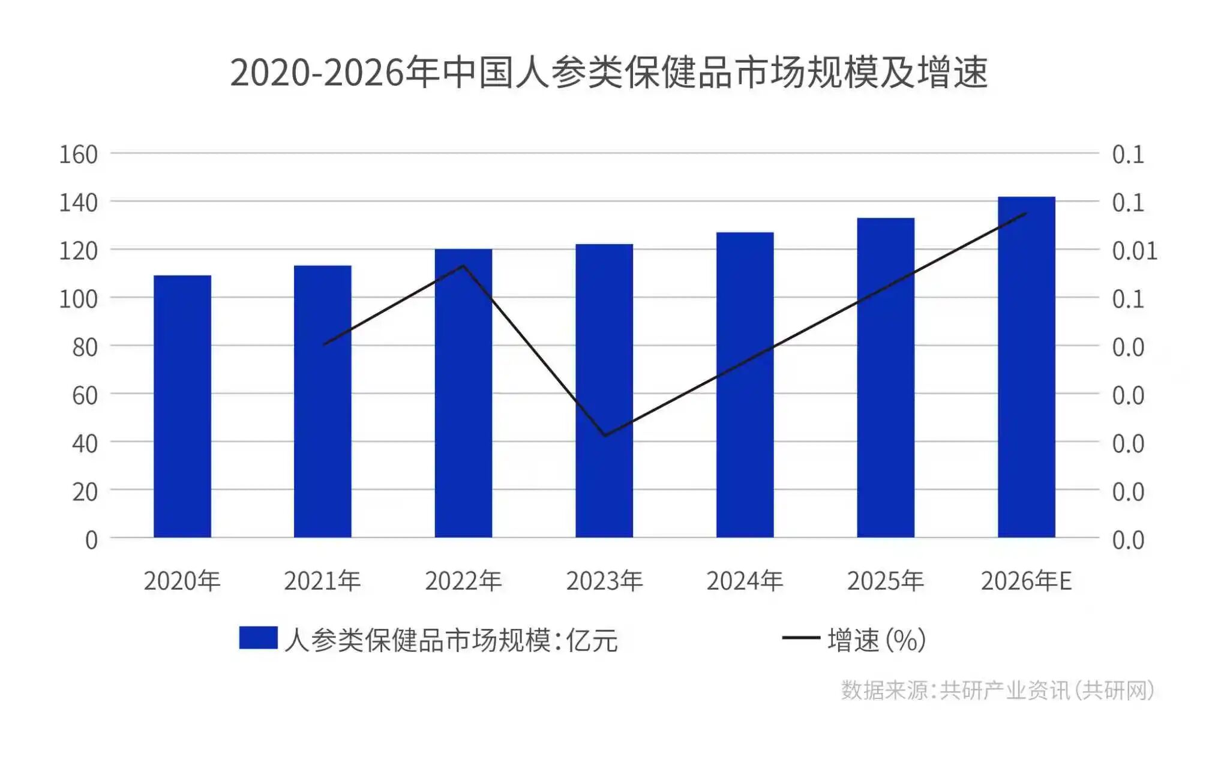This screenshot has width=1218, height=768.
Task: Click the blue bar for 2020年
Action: click(182, 406)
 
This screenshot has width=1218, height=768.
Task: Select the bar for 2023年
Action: click(604, 391)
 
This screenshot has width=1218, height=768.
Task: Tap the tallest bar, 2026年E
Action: click(1026, 367)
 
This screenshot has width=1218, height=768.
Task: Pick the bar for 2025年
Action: click(886, 377)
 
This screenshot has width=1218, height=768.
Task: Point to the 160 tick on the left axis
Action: click(78, 155)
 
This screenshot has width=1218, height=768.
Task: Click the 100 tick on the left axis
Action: click(78, 299)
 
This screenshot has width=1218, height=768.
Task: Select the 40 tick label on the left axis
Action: click(85, 443)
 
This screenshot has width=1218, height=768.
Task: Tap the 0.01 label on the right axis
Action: click(1134, 251)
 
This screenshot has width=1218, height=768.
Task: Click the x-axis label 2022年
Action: click(463, 581)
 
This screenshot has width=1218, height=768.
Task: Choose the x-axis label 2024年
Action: click(745, 581)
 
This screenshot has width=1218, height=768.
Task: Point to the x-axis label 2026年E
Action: click(1026, 581)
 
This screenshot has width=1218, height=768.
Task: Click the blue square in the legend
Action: click(258, 638)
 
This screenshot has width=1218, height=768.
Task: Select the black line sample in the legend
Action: click(801, 638)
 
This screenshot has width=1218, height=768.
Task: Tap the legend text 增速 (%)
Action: click(877, 640)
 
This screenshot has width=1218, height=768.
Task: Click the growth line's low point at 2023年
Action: click(605, 435)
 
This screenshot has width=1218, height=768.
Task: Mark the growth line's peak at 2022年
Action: click(463, 265)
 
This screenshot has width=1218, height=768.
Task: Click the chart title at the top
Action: click(608, 73)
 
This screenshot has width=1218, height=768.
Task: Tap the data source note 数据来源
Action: click(997, 690)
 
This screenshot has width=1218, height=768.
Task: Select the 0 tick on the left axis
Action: click(91, 540)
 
